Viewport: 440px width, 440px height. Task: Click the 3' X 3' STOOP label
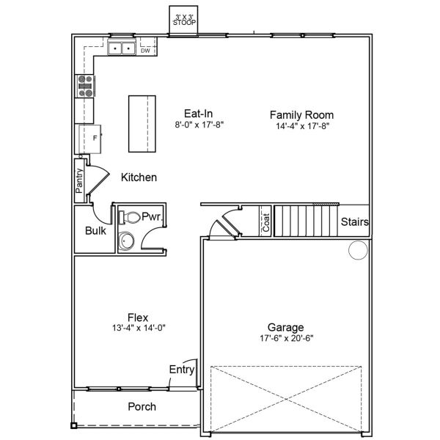(x=184, y=21)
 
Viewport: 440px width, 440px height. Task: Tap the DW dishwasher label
(x=145, y=51)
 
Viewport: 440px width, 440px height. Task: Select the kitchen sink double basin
(x=122, y=48)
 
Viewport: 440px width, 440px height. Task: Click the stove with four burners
(x=85, y=86)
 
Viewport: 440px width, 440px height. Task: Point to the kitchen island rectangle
(x=142, y=124)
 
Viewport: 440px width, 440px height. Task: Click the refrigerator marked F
(x=89, y=139)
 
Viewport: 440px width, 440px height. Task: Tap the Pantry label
(x=79, y=180)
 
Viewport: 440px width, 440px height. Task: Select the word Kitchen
(x=139, y=177)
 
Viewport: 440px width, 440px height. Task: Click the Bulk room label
(x=95, y=231)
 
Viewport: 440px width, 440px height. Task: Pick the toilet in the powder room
(x=130, y=218)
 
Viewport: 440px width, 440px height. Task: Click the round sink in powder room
(x=126, y=241)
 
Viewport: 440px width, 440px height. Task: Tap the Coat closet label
(x=266, y=222)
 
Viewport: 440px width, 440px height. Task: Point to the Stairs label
(x=355, y=221)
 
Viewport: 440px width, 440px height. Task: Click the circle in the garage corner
(x=358, y=250)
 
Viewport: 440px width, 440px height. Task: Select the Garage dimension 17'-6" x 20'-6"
(x=287, y=338)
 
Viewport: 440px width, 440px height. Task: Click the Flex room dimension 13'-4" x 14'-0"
(x=139, y=328)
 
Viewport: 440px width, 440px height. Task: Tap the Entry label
(x=182, y=370)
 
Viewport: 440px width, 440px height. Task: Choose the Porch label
(x=142, y=406)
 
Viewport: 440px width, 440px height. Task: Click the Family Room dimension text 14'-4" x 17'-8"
(x=302, y=126)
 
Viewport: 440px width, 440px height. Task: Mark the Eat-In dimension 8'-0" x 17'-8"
(x=199, y=125)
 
